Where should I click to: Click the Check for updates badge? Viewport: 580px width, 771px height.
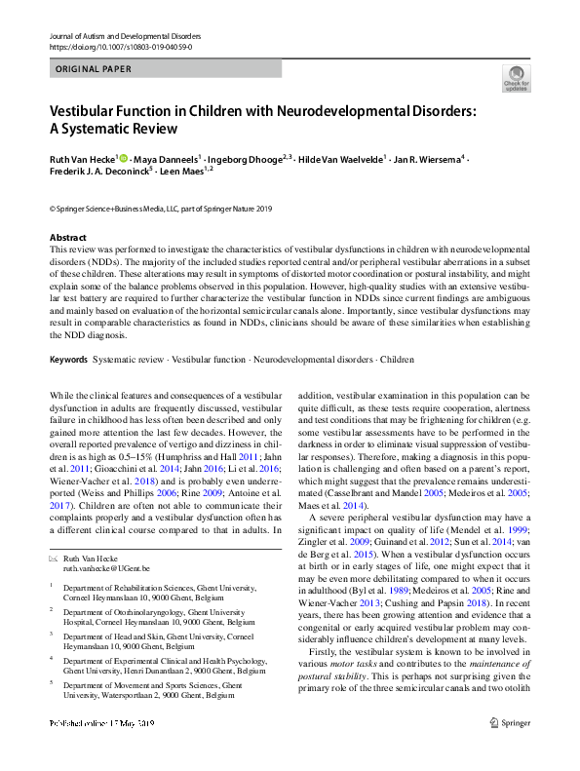point(516,78)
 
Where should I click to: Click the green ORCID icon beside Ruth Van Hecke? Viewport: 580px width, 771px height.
point(125,158)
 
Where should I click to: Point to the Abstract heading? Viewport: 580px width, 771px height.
point(68,238)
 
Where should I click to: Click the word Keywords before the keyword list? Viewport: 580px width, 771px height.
point(68,360)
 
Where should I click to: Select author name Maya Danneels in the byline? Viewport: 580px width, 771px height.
point(168,158)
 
